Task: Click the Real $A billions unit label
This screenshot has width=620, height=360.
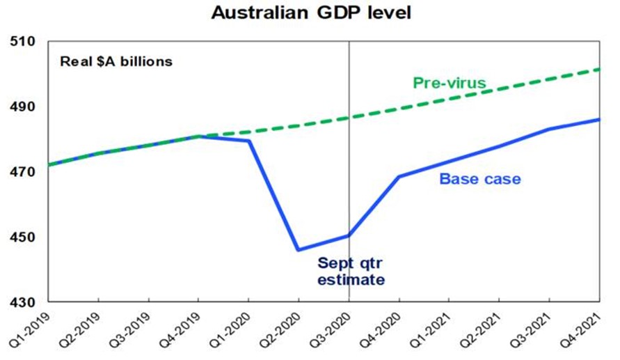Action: (116, 61)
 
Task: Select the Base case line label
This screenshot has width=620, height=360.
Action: (480, 179)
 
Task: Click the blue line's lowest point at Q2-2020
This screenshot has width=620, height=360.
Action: (299, 249)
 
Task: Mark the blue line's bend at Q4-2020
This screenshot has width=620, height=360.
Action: (399, 176)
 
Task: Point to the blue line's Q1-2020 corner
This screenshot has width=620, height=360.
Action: (248, 141)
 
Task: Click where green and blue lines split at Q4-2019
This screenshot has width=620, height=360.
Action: (199, 136)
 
